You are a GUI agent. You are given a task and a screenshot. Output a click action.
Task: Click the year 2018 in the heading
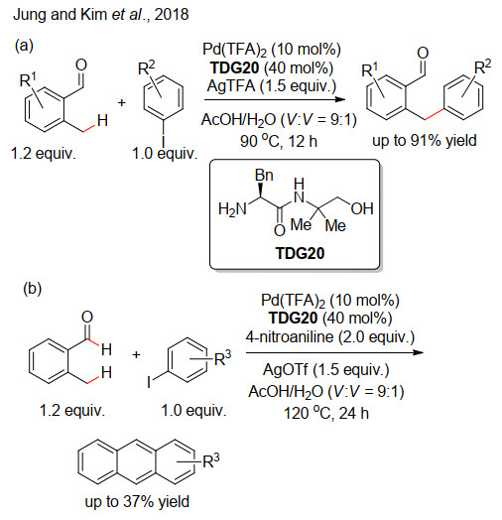click(172, 15)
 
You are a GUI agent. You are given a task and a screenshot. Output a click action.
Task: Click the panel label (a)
click(24, 45)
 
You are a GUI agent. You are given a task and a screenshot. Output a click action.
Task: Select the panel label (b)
click(33, 289)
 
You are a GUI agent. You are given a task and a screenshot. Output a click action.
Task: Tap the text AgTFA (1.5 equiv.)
click(272, 86)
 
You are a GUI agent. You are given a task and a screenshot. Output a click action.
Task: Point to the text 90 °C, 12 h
click(279, 141)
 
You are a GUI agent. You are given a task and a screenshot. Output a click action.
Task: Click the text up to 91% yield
click(425, 141)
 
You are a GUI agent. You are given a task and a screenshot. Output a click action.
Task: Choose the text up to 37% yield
click(137, 501)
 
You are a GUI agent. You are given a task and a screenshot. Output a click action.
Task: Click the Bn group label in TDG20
click(264, 175)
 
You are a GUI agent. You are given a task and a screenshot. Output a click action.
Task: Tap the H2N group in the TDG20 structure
click(232, 209)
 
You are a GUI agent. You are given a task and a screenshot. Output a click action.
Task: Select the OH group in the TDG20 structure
click(362, 208)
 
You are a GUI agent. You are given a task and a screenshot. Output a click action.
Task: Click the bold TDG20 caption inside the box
click(300, 253)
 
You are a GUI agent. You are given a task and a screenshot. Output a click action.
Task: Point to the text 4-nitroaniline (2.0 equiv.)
click(330, 337)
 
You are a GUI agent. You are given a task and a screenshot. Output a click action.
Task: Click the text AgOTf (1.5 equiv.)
click(326, 370)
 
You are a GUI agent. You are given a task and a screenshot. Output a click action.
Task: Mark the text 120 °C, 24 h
click(326, 413)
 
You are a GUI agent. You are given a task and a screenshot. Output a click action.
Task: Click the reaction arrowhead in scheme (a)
click(340, 99)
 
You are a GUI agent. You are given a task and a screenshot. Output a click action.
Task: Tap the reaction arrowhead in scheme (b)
click(418, 352)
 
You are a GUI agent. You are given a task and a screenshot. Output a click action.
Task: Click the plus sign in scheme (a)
click(122, 102)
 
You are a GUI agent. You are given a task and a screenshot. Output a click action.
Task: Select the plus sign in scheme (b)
click(136, 355)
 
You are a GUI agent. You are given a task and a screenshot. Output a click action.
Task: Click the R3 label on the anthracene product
click(211, 461)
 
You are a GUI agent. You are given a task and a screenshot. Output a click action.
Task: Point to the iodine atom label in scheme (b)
click(149, 382)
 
